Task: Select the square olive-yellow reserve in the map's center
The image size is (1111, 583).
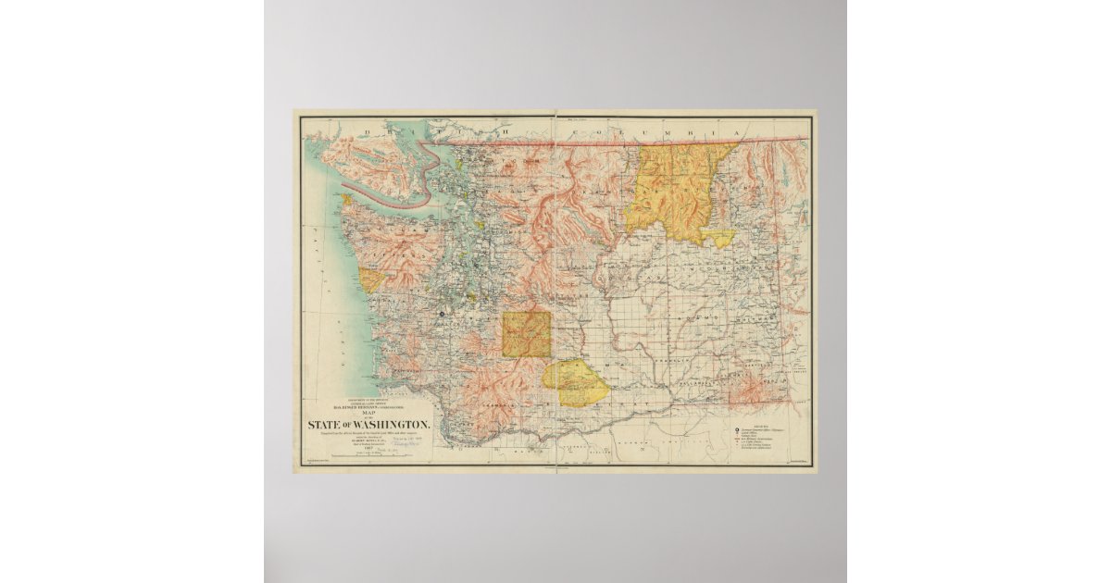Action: click(x=526, y=334)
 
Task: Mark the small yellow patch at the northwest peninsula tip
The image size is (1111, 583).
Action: click(x=346, y=199)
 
